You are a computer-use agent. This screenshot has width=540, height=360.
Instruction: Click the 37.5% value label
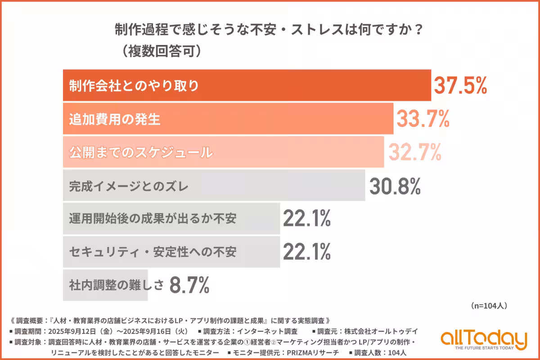[x=459, y=85]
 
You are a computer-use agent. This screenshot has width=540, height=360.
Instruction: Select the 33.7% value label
[x=423, y=119]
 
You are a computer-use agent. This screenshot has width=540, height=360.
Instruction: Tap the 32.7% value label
[x=414, y=152]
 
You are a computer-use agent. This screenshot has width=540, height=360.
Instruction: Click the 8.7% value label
[x=189, y=285]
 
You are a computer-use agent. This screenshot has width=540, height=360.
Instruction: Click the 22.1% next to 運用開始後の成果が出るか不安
[x=307, y=219]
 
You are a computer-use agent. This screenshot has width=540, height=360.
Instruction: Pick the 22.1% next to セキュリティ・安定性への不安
[x=307, y=252]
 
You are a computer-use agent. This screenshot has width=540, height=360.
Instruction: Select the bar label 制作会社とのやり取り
[x=134, y=86]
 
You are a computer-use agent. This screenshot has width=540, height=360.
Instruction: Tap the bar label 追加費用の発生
[x=115, y=119]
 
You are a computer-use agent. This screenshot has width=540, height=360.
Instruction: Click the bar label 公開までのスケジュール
[x=140, y=153]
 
